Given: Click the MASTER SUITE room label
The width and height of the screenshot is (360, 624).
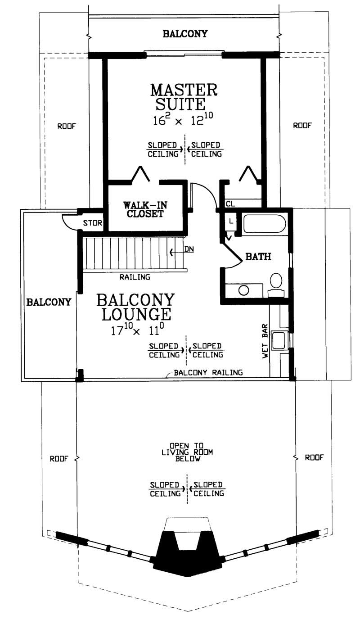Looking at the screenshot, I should (184, 96).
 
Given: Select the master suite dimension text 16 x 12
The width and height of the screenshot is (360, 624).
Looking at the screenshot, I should (184, 119).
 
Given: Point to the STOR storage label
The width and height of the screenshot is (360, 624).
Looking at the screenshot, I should (93, 222).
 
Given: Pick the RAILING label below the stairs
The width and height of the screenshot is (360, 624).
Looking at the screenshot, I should (135, 277).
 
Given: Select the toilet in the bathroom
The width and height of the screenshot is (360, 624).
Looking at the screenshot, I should (276, 282).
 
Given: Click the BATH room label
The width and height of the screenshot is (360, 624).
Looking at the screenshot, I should (258, 257).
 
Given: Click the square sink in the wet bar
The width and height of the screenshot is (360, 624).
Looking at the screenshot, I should (279, 339).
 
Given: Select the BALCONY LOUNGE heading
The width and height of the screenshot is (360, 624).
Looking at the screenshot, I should (135, 307).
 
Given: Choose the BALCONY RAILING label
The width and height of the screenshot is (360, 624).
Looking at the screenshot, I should (208, 372).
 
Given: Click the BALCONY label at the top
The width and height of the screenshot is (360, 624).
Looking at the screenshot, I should (185, 34).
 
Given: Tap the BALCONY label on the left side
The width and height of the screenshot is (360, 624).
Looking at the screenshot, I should (49, 302).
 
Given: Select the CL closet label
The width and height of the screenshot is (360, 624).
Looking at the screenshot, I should (230, 204).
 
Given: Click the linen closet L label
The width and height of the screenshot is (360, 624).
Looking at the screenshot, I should (231, 221).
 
